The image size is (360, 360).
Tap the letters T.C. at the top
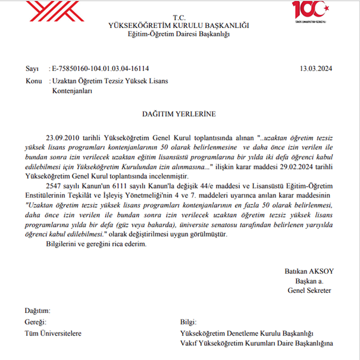180,17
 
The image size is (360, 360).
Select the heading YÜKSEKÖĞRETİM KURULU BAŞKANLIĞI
179,26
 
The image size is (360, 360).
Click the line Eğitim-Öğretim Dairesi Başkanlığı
179,35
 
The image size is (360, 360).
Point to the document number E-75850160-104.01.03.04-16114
101,68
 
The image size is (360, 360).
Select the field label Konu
33,80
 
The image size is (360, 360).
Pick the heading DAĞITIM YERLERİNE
179,113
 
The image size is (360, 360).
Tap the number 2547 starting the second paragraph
54,186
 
